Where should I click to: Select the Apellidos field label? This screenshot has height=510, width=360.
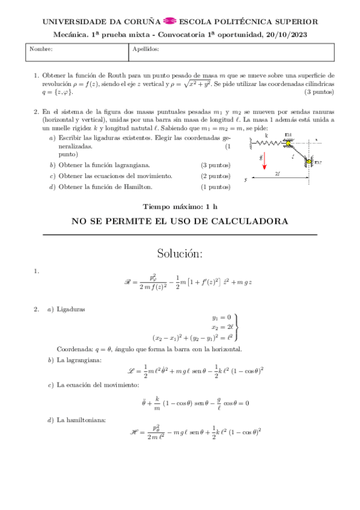tap(145, 49)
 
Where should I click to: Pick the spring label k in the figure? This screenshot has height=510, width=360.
tap(266, 136)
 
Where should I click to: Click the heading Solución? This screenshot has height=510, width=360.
tap(180, 253)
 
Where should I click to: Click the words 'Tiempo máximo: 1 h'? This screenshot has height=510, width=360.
tap(180, 206)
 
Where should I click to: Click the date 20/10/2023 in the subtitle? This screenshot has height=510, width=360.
tap(287, 35)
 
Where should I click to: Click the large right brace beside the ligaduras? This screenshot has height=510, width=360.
tap(238, 327)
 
